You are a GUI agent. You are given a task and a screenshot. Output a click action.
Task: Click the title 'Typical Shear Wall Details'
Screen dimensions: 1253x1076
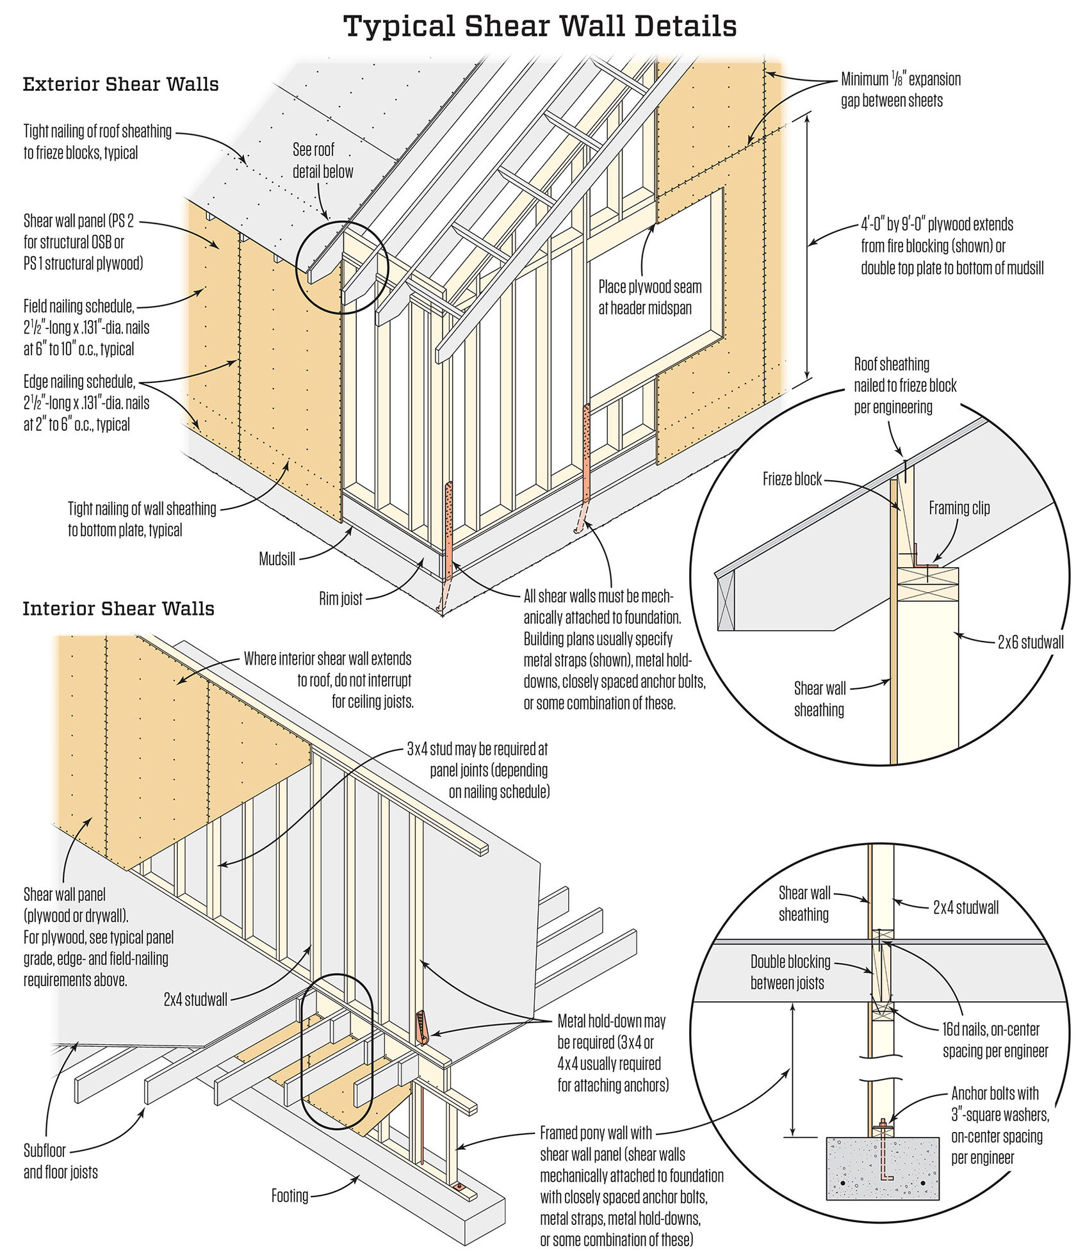[540, 27]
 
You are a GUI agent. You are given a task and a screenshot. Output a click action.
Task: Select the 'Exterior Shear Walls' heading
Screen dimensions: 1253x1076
[121, 85]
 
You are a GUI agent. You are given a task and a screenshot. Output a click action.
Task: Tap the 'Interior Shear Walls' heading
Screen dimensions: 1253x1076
[118, 608]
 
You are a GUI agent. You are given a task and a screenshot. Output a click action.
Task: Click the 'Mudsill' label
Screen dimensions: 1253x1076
[277, 559]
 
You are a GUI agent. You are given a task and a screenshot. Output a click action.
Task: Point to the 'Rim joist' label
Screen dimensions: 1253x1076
[340, 599]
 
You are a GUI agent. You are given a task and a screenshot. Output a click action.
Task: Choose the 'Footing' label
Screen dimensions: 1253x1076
[289, 1195]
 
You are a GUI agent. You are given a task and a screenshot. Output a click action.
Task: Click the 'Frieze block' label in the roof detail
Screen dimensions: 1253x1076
[792, 479]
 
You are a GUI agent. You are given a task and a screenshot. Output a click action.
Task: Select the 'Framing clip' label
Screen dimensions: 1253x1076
[959, 508]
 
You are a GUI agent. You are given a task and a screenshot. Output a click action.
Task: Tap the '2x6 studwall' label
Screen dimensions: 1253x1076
[1030, 642]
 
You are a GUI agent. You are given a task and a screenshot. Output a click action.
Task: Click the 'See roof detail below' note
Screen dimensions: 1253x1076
[322, 160]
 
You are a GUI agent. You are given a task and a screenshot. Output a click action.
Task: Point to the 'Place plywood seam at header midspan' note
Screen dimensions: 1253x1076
[649, 297]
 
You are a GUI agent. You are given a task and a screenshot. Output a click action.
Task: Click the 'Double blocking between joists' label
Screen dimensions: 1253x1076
[790, 972]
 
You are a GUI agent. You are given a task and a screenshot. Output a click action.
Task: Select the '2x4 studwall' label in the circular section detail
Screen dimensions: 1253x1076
[965, 907]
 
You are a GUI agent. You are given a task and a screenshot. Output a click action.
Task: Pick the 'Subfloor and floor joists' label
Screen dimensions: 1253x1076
[61, 1161]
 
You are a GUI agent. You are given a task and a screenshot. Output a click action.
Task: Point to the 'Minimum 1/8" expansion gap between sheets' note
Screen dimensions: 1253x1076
[900, 90]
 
